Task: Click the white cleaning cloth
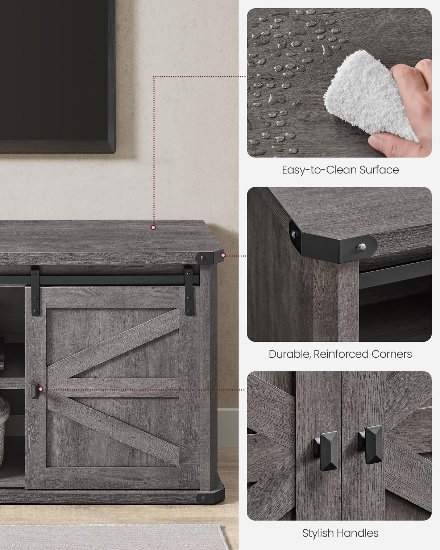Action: pyautogui.click(x=368, y=97)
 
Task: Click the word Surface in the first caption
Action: pyautogui.click(x=379, y=170)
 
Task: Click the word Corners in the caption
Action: pyautogui.click(x=392, y=354)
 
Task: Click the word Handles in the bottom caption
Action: pyautogui.click(x=358, y=533)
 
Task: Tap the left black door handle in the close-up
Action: pyautogui.click(x=325, y=451)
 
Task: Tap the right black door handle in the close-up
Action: pyautogui.click(x=371, y=445)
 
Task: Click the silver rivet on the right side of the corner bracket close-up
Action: pyautogui.click(x=361, y=247)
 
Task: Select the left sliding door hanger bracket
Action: pyautogui.click(x=35, y=291)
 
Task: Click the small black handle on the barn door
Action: pyautogui.click(x=35, y=391)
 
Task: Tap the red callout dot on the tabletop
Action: pyautogui.click(x=153, y=227)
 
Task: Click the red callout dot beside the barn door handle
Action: pyautogui.click(x=41, y=389)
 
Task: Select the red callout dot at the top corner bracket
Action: pyautogui.click(x=223, y=255)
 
